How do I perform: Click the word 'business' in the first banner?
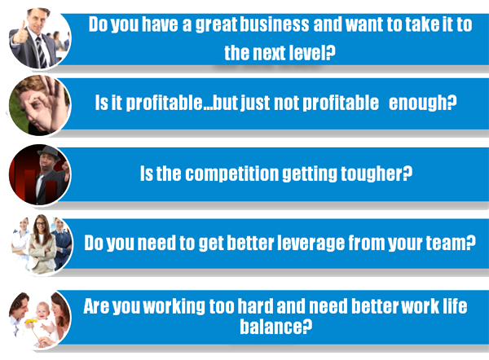(275, 24)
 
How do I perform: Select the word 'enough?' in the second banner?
(422, 103)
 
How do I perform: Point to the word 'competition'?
(232, 173)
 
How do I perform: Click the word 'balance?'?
(275, 327)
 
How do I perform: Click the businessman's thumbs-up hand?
(20, 33)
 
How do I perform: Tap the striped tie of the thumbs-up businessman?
(42, 51)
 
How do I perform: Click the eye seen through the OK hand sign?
(36, 104)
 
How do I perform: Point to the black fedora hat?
(49, 152)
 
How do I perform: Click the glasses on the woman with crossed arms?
(41, 224)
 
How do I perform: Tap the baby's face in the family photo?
(43, 310)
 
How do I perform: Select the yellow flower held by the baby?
(31, 322)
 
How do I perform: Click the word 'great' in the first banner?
(217, 24)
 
